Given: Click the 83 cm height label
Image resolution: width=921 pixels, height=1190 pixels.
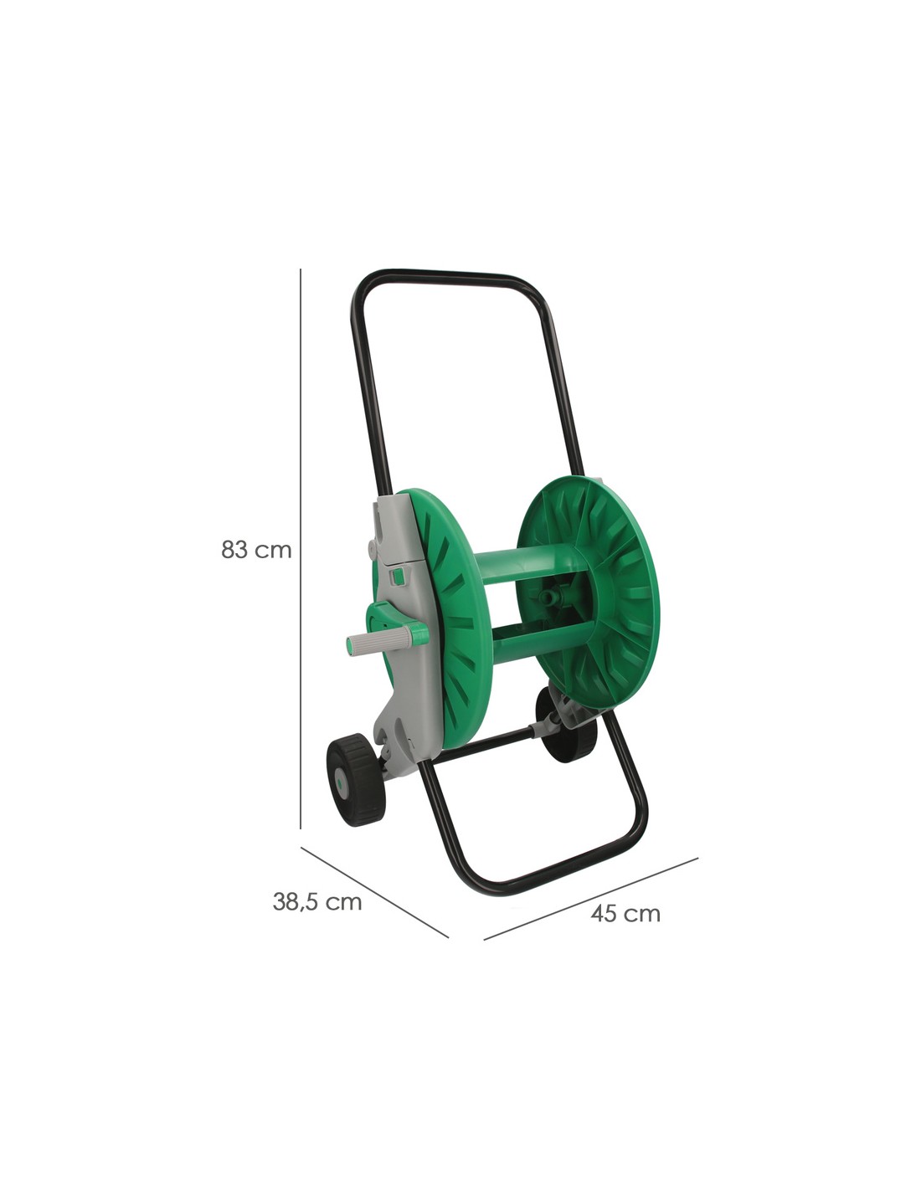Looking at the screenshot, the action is [x=256, y=549].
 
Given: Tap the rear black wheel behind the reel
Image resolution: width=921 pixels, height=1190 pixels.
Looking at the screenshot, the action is [x=564, y=726].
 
